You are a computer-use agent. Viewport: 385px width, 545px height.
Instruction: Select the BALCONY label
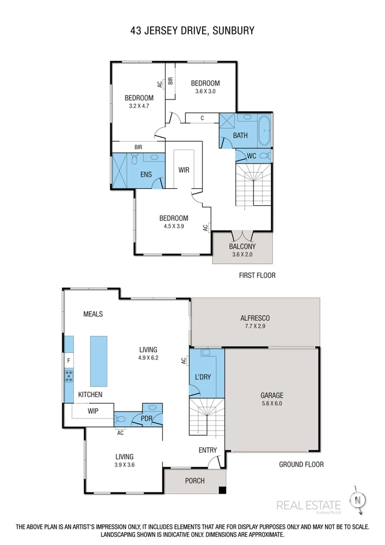(242, 246)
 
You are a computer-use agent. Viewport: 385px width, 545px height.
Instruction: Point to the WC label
(251, 156)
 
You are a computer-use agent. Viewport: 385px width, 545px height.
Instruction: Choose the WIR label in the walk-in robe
(184, 170)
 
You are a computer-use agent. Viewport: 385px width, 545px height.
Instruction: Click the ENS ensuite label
(146, 174)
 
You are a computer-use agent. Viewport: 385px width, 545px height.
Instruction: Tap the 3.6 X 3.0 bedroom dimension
(205, 91)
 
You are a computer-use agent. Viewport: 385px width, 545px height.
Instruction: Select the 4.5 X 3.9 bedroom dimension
(173, 227)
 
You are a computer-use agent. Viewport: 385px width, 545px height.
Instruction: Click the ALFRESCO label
(255, 318)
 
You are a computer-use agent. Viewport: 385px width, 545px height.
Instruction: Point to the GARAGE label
(271, 396)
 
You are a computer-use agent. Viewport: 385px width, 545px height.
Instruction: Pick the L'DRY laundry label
(203, 377)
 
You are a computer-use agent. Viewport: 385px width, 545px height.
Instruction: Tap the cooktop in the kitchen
(69, 376)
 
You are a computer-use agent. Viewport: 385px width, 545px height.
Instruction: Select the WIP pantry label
(93, 411)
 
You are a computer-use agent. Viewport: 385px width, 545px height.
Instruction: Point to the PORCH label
(195, 481)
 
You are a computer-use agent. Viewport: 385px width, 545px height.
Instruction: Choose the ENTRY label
(208, 450)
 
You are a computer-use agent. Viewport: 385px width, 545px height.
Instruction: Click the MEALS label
(93, 314)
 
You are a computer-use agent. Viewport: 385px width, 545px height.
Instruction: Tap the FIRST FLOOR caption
(257, 276)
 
